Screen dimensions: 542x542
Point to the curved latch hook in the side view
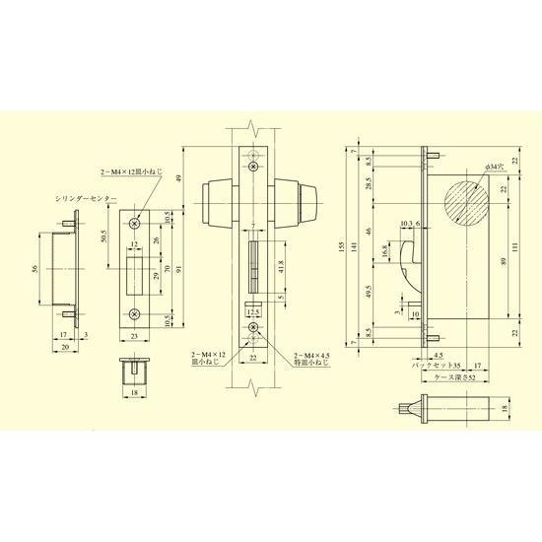tap(405, 266)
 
